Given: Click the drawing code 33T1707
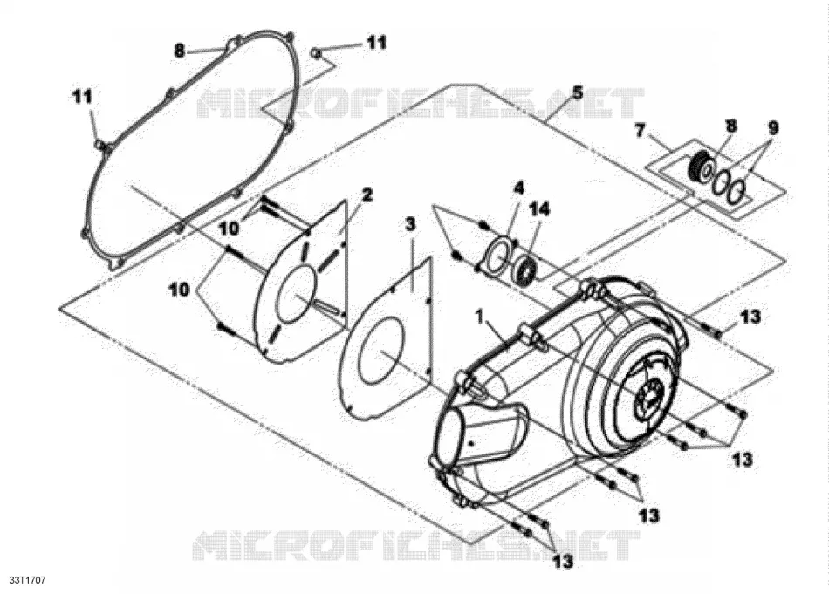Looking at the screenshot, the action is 28,580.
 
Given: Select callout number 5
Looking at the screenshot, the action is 577,93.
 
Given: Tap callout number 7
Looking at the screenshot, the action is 640,129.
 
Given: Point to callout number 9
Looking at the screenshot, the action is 772,128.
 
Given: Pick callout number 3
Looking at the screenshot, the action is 410,224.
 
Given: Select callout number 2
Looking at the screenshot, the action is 367,195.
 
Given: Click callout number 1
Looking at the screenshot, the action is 480,317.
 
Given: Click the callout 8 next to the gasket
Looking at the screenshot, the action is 180,51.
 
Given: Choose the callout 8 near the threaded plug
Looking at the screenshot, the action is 730,126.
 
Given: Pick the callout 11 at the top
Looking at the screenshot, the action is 377,42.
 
